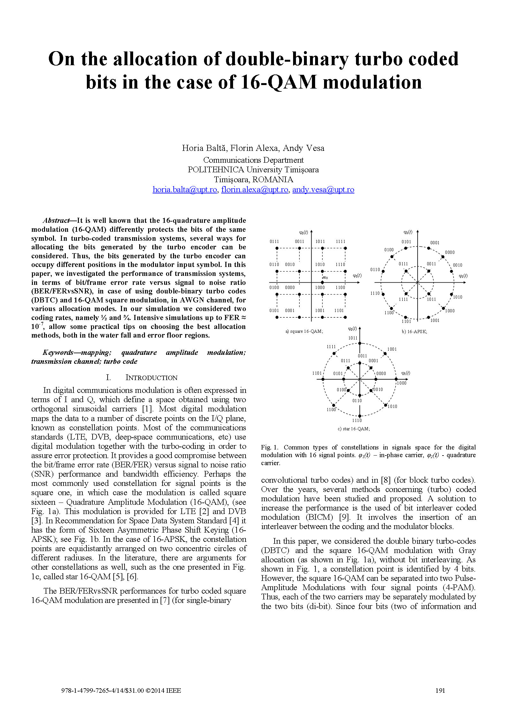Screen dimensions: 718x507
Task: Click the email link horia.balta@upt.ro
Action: click(x=185, y=190)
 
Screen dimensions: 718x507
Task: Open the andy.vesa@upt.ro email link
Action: click(x=323, y=190)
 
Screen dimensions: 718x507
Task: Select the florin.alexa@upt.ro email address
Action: click(x=254, y=190)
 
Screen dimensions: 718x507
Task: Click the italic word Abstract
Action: click(x=56, y=221)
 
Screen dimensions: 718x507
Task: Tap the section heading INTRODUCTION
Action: click(x=151, y=378)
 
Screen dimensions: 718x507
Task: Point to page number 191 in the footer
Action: click(x=440, y=690)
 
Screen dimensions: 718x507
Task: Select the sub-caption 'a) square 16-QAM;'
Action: click(x=304, y=332)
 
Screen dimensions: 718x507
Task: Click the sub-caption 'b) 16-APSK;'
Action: click(x=414, y=332)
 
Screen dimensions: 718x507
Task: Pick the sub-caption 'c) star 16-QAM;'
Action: click(x=354, y=429)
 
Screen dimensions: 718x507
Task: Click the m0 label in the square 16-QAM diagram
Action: click(x=325, y=277)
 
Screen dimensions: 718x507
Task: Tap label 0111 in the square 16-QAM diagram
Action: click(x=274, y=241)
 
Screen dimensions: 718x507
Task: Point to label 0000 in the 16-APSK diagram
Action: click(x=450, y=252)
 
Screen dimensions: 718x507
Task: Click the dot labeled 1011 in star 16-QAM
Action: click(x=360, y=343)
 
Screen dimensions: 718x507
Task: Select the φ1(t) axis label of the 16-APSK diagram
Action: click(x=463, y=276)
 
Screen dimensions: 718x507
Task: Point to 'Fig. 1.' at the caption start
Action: click(x=269, y=447)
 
